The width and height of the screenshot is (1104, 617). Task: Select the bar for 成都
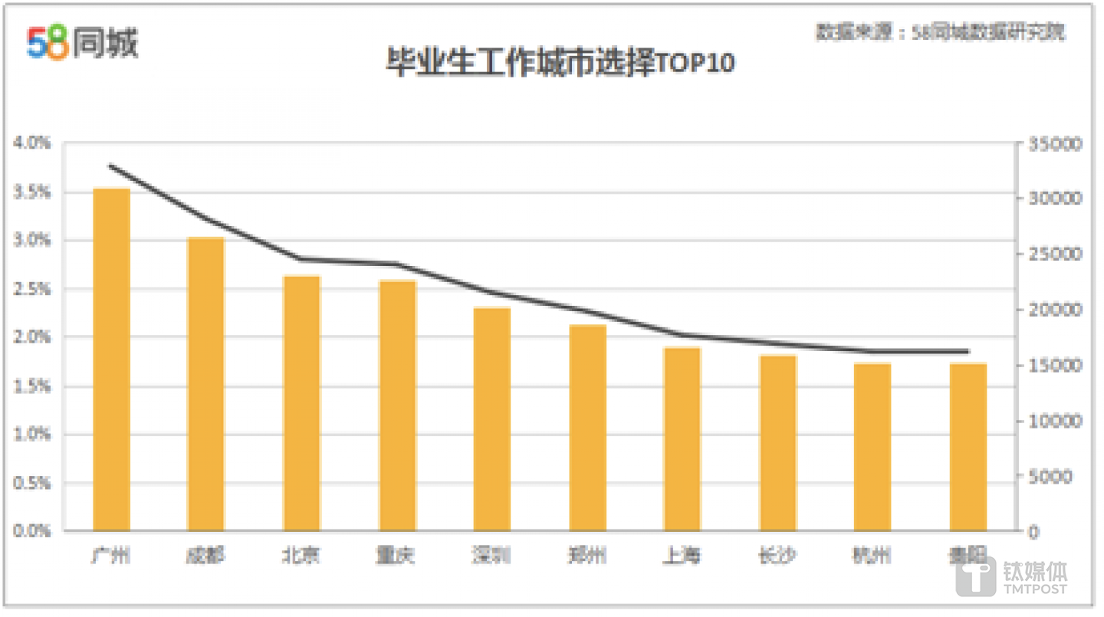206,383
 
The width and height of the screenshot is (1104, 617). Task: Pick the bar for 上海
682,438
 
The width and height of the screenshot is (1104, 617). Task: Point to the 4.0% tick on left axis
32,143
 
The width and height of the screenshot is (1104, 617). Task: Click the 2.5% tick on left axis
32,289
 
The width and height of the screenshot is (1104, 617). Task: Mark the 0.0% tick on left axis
32,530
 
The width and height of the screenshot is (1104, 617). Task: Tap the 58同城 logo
82,42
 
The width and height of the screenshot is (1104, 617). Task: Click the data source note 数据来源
941,32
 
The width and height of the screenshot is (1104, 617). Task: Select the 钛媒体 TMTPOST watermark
1012,576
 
